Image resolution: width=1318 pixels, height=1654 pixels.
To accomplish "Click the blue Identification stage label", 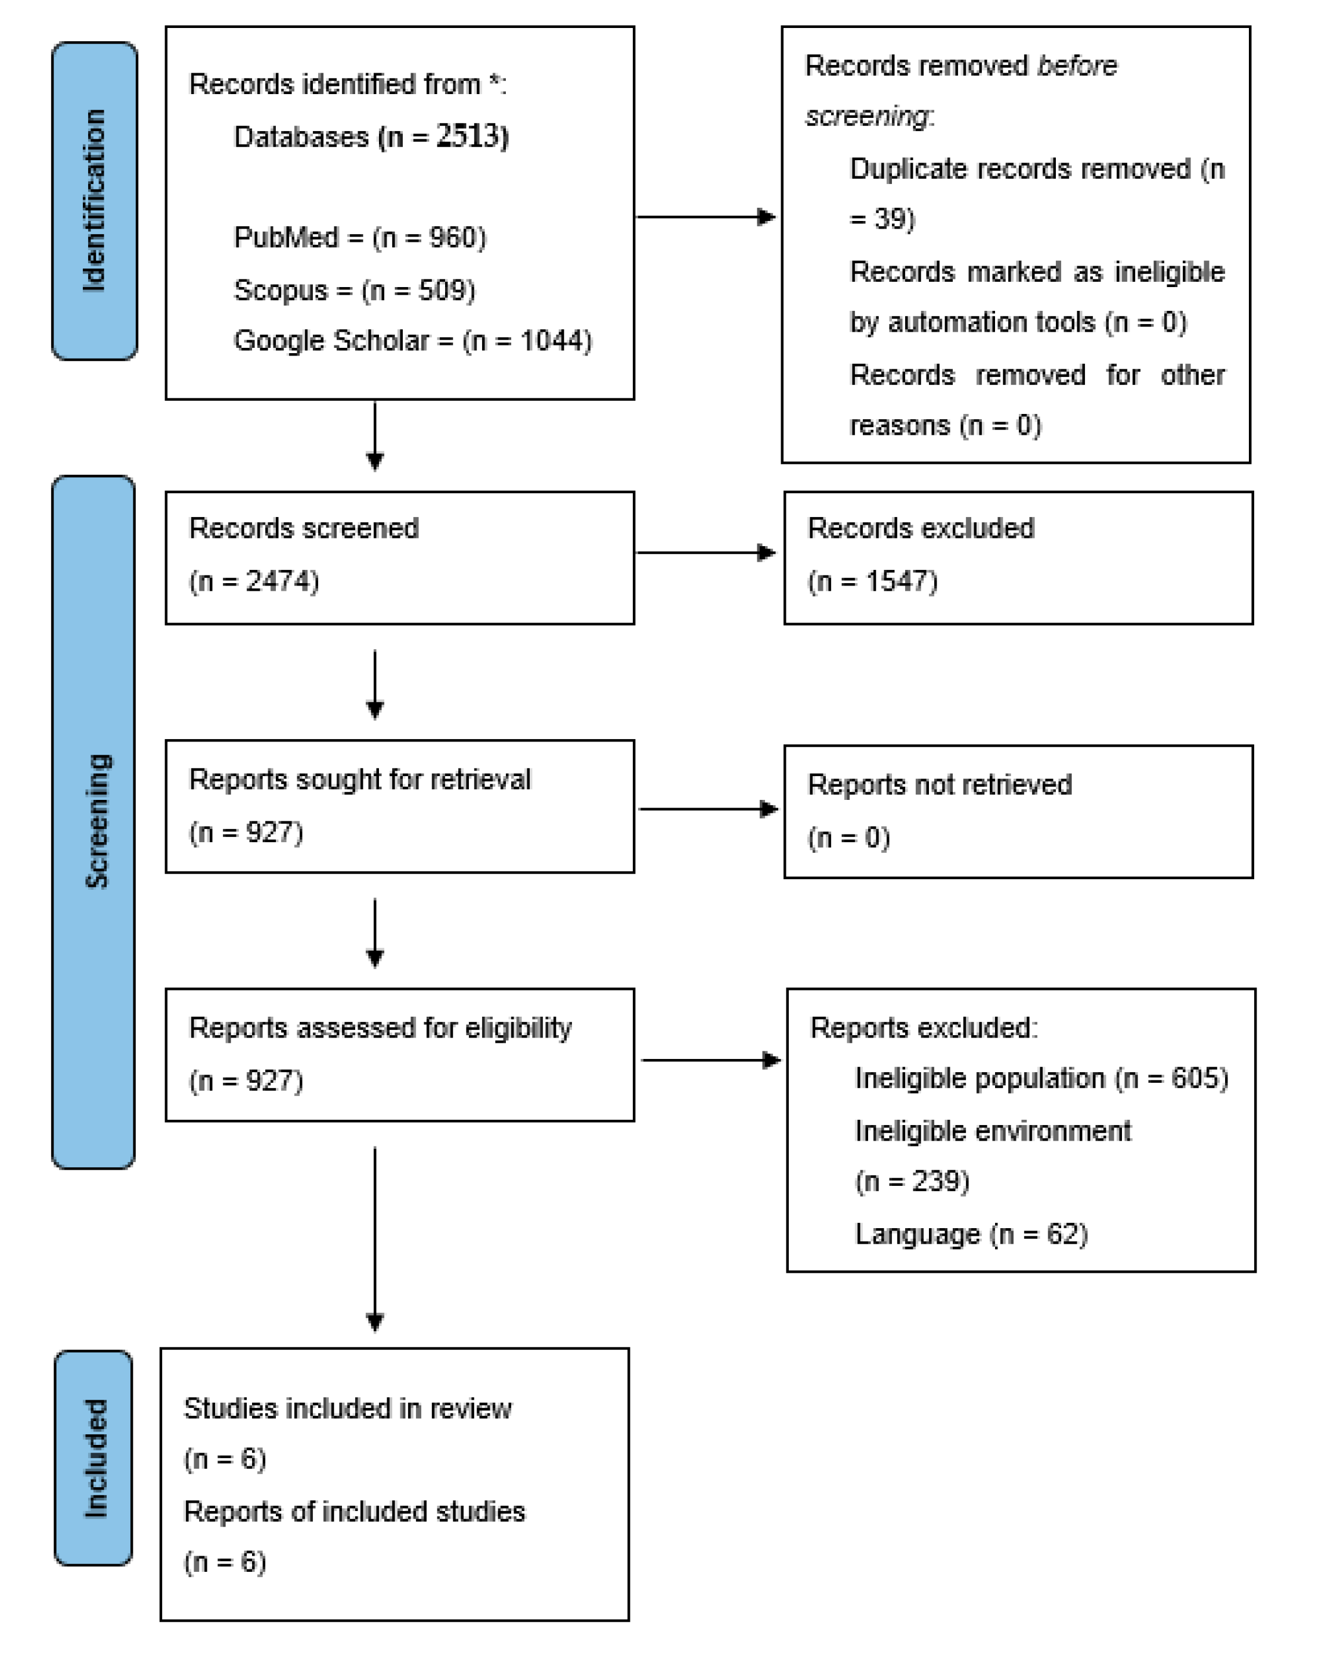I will [x=94, y=201].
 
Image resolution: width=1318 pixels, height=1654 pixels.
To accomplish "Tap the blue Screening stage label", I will [x=94, y=821].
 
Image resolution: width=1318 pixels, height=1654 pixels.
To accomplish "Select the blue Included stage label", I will [x=94, y=1457].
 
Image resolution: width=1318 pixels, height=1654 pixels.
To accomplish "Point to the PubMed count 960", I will [x=452, y=238].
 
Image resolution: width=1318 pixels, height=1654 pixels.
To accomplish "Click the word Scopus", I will [x=280, y=290].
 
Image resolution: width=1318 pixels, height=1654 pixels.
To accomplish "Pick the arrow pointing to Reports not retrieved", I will [x=707, y=809].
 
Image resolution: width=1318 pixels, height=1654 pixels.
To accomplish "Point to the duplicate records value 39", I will [x=890, y=219].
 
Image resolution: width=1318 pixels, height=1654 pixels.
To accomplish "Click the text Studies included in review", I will [x=347, y=1409].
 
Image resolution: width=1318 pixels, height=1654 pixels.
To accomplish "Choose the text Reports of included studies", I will [x=354, y=1511].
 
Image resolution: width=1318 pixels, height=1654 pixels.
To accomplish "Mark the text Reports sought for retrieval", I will [x=359, y=780].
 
